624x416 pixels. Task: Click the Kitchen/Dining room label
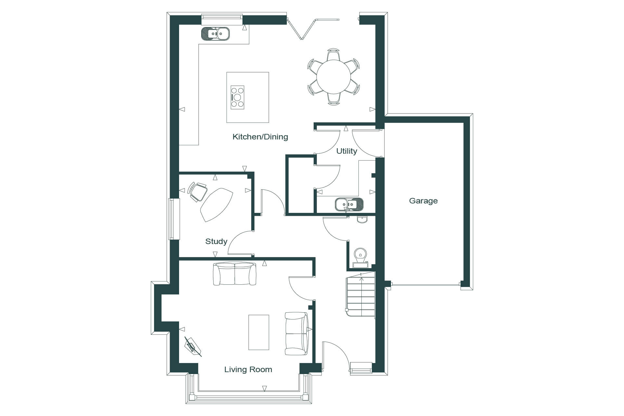coord(260,137)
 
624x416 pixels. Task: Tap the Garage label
coord(423,201)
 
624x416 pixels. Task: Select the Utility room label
coord(346,151)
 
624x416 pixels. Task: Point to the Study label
coord(216,241)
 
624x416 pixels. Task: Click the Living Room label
coord(248,370)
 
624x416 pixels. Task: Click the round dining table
coord(334,77)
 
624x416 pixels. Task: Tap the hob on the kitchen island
coord(237,97)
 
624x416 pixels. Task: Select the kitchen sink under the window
coord(215,33)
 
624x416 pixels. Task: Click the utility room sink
coord(349,204)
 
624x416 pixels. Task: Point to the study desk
coord(216,204)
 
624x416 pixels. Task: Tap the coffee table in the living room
coord(259,332)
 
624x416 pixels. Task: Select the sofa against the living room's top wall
coord(234,274)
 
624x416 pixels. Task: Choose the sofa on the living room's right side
coord(296,333)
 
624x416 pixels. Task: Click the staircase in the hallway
coord(360,295)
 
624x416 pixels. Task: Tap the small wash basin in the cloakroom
coord(362,220)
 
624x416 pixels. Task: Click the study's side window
coord(174,219)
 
